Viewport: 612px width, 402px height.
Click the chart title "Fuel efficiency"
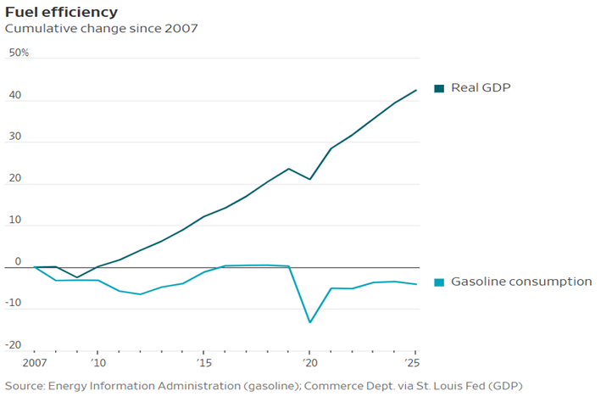click(62, 12)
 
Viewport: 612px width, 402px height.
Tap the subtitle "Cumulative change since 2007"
click(102, 29)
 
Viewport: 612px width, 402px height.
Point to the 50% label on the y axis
click(19, 53)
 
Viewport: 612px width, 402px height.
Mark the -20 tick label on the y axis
click(14, 344)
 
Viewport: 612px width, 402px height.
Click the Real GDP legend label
click(481, 87)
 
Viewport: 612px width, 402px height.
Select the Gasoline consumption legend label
click(521, 282)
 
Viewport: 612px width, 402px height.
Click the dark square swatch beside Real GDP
click(439, 88)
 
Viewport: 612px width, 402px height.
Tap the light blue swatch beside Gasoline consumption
click(439, 282)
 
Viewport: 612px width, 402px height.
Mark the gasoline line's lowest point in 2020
click(309, 322)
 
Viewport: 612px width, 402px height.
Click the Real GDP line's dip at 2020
click(309, 179)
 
